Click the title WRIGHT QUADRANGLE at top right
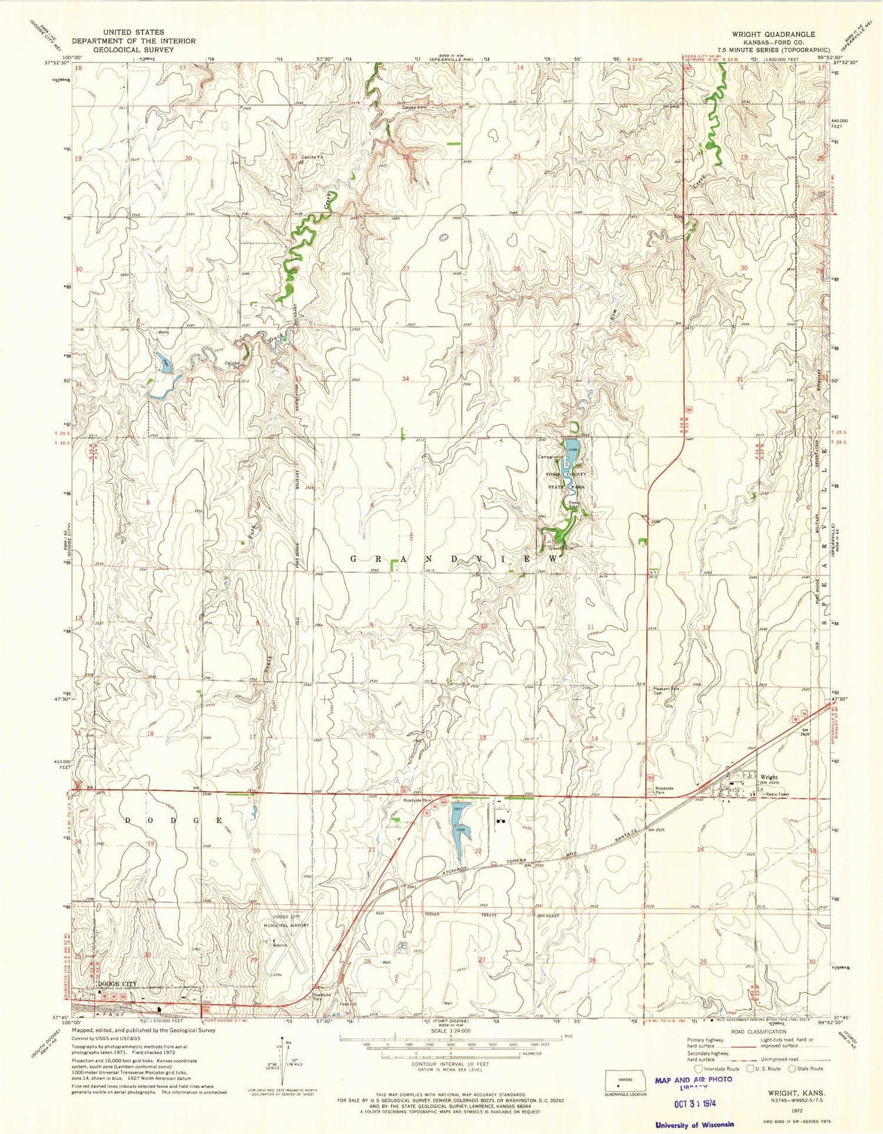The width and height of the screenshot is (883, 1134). [x=773, y=35]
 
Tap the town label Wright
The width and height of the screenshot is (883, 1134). [x=769, y=777]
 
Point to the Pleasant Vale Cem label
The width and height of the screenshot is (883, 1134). [x=666, y=690]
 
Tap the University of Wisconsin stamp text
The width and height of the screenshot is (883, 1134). [x=695, y=1125]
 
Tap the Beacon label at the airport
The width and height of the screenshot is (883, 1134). [x=279, y=946]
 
